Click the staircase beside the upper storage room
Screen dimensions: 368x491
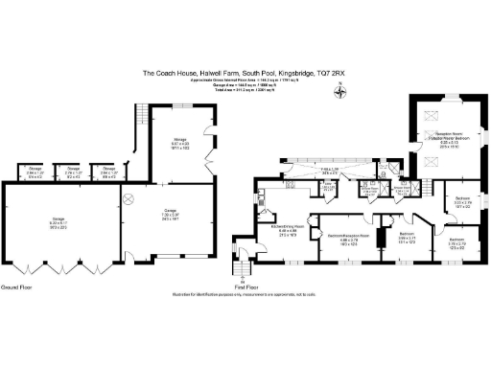click(x=141, y=121)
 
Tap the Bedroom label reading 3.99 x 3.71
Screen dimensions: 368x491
click(x=407, y=236)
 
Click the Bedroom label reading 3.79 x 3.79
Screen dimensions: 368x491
click(x=458, y=241)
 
